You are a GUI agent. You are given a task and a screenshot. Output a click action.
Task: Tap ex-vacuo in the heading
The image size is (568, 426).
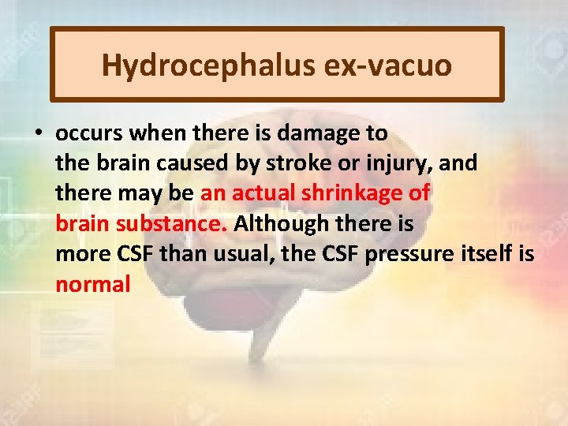pyautogui.click(x=387, y=65)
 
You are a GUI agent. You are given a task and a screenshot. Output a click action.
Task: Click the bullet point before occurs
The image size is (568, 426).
pyautogui.click(x=38, y=133)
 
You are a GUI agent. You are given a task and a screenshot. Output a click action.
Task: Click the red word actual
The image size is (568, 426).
pyautogui.click(x=267, y=193)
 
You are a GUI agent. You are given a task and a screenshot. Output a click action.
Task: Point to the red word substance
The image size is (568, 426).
pyautogui.click(x=171, y=223)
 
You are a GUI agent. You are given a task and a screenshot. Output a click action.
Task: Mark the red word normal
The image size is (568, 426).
pyautogui.click(x=92, y=283)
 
